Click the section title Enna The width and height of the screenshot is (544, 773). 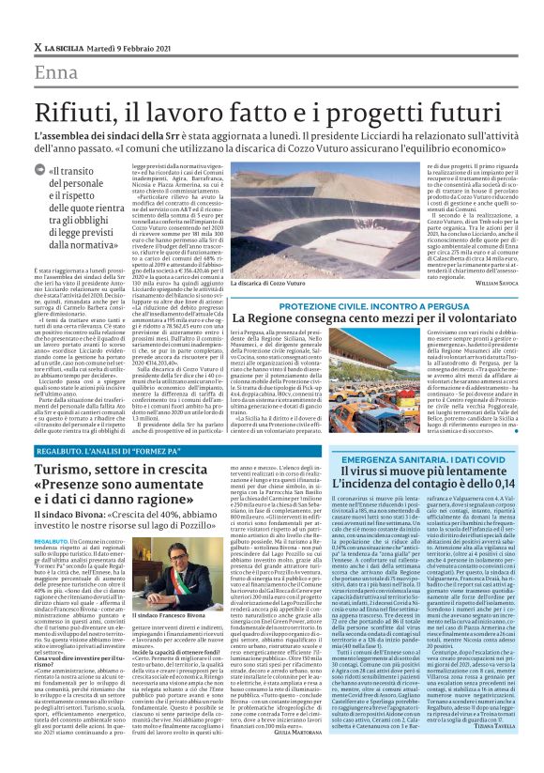[55, 72]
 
